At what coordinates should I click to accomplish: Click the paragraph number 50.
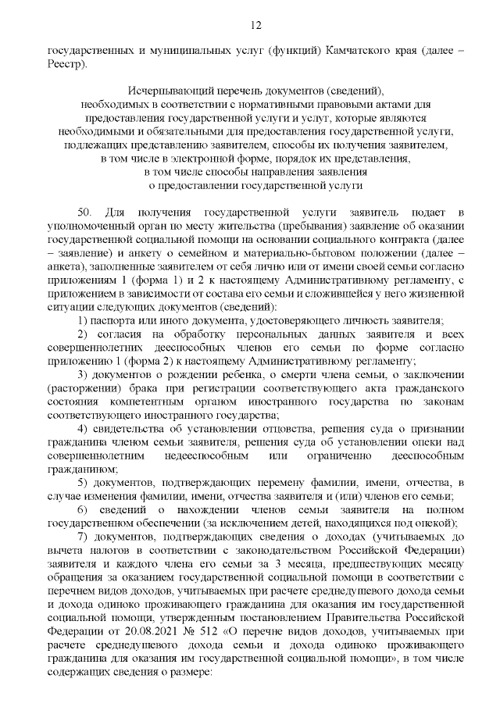click(85, 212)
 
